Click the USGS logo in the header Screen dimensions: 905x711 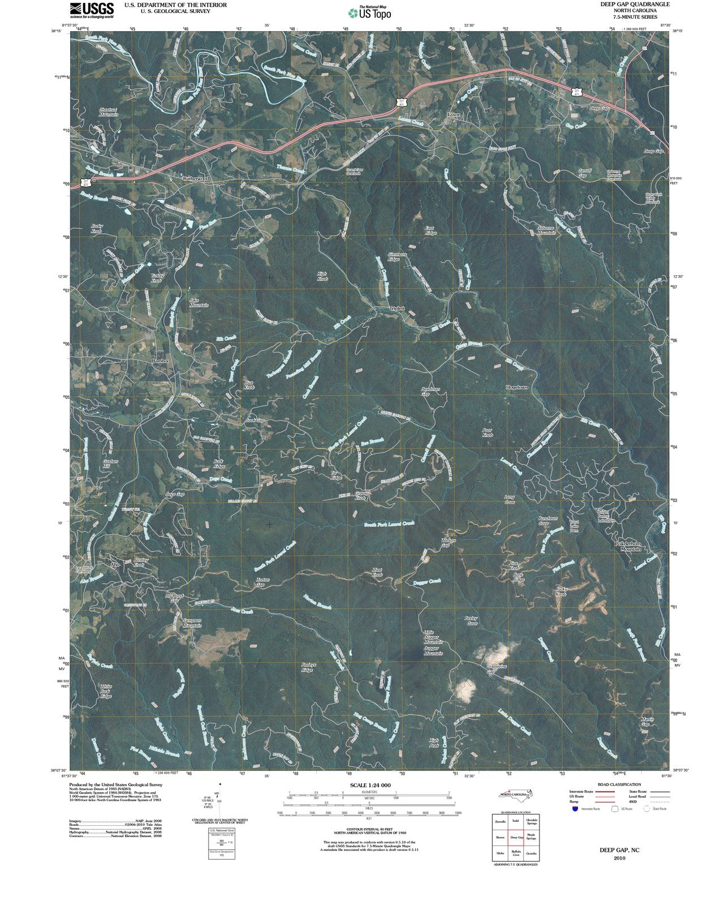click(92, 10)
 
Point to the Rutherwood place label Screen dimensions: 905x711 click(196, 178)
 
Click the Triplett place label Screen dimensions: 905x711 click(398, 308)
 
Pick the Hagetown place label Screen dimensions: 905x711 click(516, 387)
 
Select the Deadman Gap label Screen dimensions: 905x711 click(430, 391)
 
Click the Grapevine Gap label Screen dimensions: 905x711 click(497, 668)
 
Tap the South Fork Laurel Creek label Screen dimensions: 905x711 click(389, 524)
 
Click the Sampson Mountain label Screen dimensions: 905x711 click(192, 623)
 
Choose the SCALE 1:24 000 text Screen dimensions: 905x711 click(370, 786)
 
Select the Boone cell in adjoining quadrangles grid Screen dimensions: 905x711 click(500, 837)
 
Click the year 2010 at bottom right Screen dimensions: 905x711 click(619, 858)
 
